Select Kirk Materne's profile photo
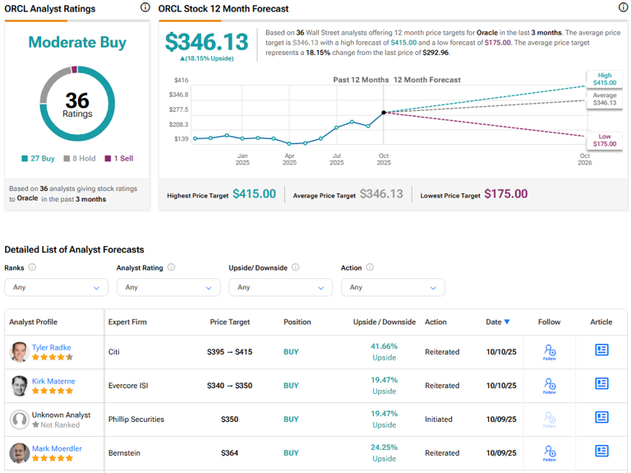[19, 386]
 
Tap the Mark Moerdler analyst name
[57, 448]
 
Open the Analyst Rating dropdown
[168, 287]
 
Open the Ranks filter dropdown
[56, 287]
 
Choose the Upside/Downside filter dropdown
[280, 287]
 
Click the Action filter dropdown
[393, 287]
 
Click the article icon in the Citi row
[601, 350]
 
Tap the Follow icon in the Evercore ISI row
[550, 385]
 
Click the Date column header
[498, 322]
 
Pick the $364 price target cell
[229, 453]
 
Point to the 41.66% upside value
[384, 346]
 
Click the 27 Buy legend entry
[39, 158]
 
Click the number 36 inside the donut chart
[77, 100]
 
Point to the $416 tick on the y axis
[181, 81]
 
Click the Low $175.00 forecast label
[604, 139]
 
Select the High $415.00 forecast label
[604, 79]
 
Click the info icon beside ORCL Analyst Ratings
[145, 7]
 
